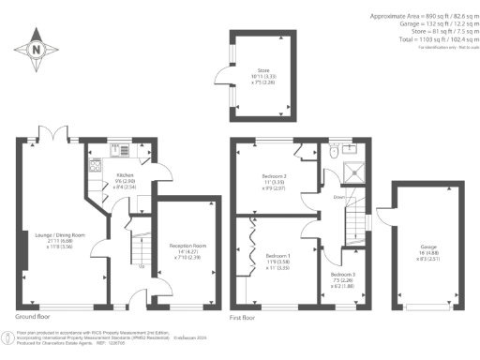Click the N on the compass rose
coord(36,49)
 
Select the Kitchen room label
coord(126,175)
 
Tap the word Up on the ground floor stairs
coord(141,265)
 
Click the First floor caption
coord(244,319)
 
